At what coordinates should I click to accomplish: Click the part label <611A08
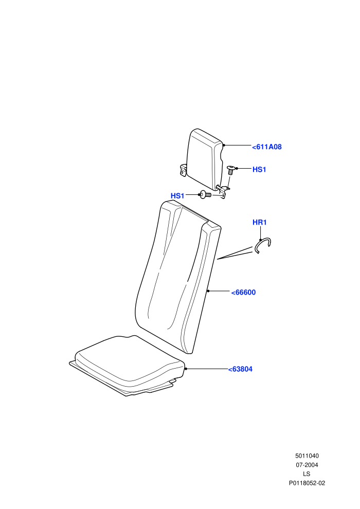click(x=267, y=147)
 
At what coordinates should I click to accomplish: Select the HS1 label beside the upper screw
click(x=259, y=170)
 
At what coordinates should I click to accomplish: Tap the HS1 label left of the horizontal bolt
click(x=177, y=196)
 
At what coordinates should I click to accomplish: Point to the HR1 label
click(x=259, y=222)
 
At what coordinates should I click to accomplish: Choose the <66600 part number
click(x=243, y=293)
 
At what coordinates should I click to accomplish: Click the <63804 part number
click(x=240, y=369)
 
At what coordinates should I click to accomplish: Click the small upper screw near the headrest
click(x=231, y=170)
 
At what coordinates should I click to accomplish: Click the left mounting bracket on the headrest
click(x=184, y=170)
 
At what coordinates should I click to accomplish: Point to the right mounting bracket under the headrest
click(x=223, y=192)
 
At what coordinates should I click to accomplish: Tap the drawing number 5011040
click(x=307, y=456)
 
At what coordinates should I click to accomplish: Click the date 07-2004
click(x=307, y=465)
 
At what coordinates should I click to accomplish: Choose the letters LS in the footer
click(x=307, y=474)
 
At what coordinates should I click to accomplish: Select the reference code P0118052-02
click(x=307, y=483)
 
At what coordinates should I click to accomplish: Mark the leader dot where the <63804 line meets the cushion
click(x=186, y=369)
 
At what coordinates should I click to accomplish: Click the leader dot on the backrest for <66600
click(x=208, y=291)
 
